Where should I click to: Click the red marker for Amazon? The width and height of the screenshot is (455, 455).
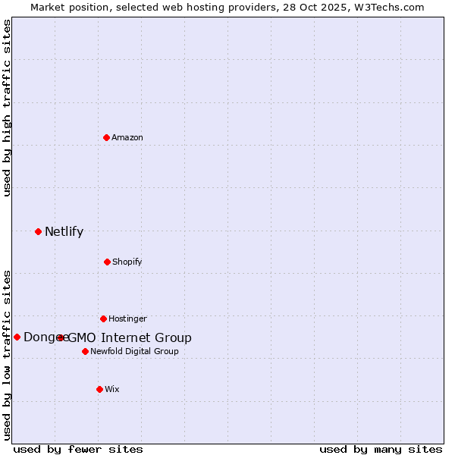[106, 137]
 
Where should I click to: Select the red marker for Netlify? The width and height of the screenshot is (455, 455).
[38, 231]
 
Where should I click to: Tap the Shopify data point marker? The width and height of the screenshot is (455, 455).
[107, 262]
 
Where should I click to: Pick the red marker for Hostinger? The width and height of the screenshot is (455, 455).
[103, 318]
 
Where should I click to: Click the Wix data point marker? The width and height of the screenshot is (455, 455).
[99, 389]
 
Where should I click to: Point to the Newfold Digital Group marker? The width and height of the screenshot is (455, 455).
[85, 351]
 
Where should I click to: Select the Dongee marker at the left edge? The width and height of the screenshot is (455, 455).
[17, 337]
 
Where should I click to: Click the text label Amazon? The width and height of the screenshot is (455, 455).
[127, 137]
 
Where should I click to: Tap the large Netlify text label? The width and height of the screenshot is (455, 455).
[64, 232]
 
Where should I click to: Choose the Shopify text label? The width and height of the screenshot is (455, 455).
[127, 262]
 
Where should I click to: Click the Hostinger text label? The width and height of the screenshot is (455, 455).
[127, 318]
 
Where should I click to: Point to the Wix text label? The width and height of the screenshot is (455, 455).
[112, 389]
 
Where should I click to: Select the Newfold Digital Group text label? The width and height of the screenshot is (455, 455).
[134, 351]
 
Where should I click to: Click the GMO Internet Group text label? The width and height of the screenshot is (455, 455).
[130, 338]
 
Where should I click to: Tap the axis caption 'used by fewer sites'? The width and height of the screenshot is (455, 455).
[78, 449]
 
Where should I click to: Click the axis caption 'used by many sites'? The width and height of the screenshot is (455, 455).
[381, 449]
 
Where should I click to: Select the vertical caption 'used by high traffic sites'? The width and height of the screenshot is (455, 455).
[7, 108]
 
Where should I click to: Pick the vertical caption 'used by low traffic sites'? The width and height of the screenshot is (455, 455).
[7, 354]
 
